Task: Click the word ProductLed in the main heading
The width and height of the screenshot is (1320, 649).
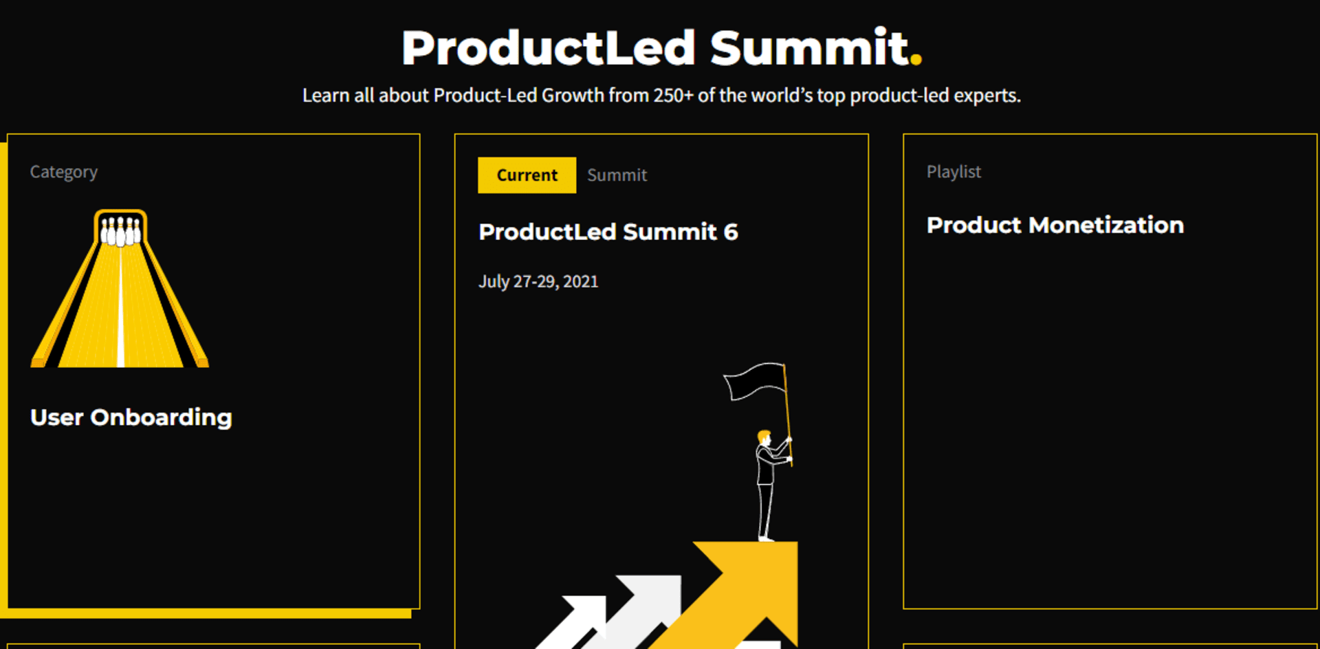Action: (x=549, y=47)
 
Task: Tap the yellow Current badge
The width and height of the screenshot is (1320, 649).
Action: (x=527, y=175)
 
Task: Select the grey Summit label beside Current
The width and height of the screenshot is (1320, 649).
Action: (x=617, y=175)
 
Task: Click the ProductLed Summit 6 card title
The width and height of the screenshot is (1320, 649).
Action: (x=608, y=232)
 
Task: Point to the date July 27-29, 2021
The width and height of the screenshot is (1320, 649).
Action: (x=538, y=282)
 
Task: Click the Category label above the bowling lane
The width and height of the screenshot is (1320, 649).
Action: (x=63, y=172)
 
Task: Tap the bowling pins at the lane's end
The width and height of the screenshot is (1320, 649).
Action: (x=121, y=232)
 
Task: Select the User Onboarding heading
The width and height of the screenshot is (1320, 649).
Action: (x=131, y=418)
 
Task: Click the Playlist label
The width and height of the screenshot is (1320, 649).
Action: (x=954, y=172)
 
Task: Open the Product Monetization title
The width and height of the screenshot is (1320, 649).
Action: (x=1055, y=225)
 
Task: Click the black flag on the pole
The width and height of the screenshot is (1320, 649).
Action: (x=754, y=382)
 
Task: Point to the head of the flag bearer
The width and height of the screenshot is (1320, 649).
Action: (x=764, y=437)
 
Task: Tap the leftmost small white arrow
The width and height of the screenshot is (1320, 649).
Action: (x=574, y=622)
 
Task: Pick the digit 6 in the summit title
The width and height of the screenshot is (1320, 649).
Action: (x=731, y=232)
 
